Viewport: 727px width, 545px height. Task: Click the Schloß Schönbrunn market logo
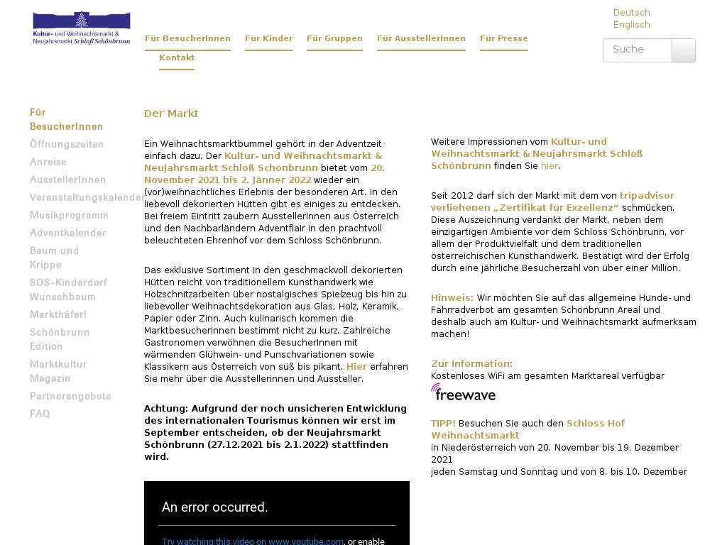click(x=82, y=28)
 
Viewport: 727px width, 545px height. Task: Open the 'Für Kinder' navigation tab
click(x=268, y=39)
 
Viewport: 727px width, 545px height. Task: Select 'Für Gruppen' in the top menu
click(x=334, y=39)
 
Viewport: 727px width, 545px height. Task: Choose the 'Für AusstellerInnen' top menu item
click(x=421, y=39)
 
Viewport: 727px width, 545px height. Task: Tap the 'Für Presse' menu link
click(x=503, y=39)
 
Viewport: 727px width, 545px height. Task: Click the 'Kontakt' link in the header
click(x=177, y=58)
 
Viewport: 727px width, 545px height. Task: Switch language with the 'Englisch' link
click(x=631, y=25)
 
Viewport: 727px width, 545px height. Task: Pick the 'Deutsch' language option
click(x=631, y=13)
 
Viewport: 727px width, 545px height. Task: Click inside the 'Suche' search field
click(x=637, y=50)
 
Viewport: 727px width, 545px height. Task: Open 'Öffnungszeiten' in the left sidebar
click(x=67, y=145)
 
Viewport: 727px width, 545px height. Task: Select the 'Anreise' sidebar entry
click(x=48, y=163)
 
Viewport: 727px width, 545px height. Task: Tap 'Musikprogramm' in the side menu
click(x=69, y=216)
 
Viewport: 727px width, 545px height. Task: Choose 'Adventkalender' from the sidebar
click(x=68, y=233)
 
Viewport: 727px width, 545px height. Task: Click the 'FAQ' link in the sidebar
click(x=40, y=414)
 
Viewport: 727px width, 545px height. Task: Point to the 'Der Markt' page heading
click(x=171, y=114)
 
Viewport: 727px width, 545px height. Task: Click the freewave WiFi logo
click(x=463, y=392)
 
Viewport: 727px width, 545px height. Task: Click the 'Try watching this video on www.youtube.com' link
click(x=253, y=541)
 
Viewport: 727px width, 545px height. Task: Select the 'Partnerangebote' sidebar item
click(x=70, y=397)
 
